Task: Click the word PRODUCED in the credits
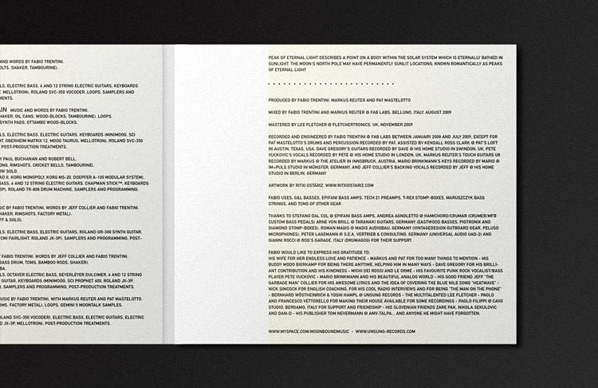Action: coord(282,101)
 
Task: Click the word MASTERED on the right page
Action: coord(282,125)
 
